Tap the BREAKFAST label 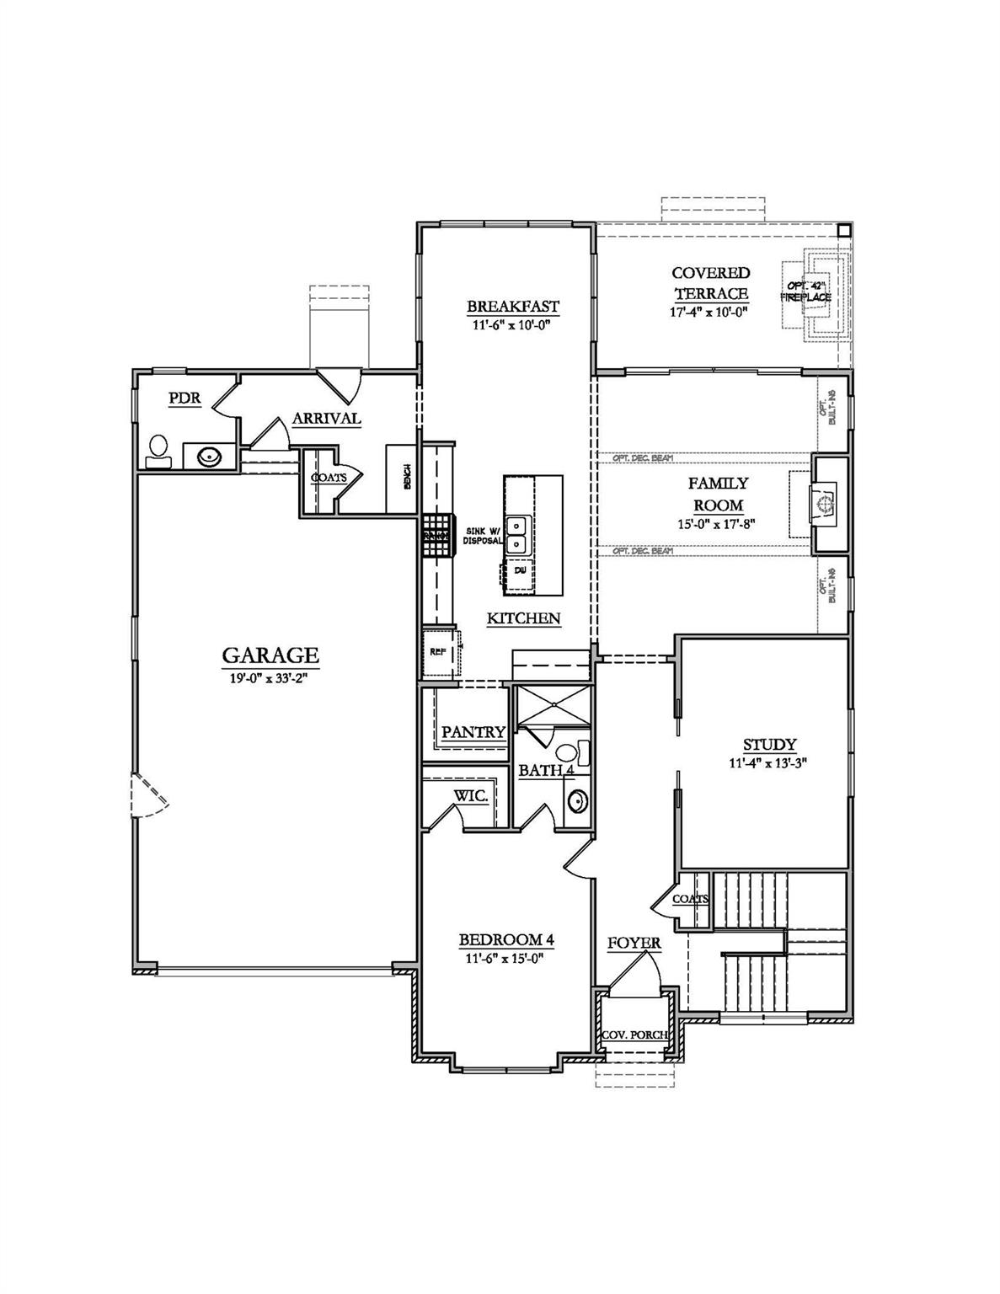pos(512,306)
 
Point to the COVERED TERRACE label pos(710,283)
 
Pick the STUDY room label pos(769,745)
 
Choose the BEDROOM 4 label pos(505,940)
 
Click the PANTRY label pos(473,732)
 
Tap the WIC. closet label pos(471,796)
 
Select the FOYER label pos(634,943)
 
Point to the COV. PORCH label pos(634,1035)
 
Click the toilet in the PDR pos(158,449)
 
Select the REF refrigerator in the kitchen pos(438,651)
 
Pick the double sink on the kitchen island pos(516,533)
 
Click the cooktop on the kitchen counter pos(436,535)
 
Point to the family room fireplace pos(825,504)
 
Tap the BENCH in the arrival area pos(406,478)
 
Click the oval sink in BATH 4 pos(577,800)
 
